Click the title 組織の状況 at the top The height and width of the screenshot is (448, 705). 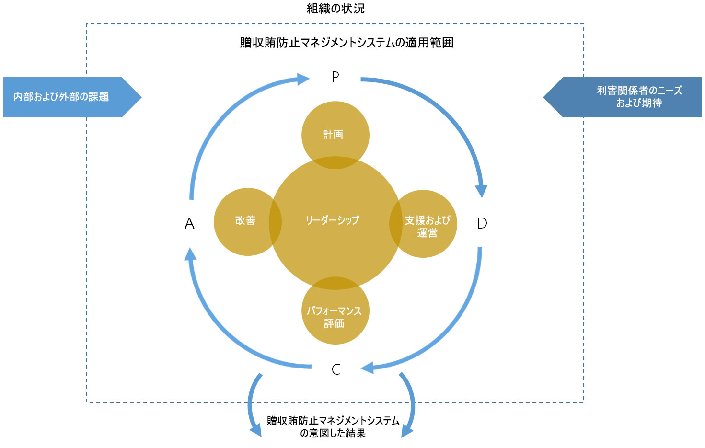tap(335, 9)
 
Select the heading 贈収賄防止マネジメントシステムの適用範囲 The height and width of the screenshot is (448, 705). tap(347, 43)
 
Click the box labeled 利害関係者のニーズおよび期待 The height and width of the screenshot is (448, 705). tap(628, 97)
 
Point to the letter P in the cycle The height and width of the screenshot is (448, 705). tap(335, 77)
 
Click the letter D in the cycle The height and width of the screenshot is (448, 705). tap(482, 223)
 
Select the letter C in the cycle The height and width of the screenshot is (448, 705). tap(336, 369)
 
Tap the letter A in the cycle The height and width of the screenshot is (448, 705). tap(189, 223)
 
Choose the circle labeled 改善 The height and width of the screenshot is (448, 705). tap(242, 221)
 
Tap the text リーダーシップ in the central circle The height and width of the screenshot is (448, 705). tap(333, 220)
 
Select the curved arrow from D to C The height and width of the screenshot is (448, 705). tap(451, 331)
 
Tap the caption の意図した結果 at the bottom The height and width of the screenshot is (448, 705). tap(333, 433)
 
